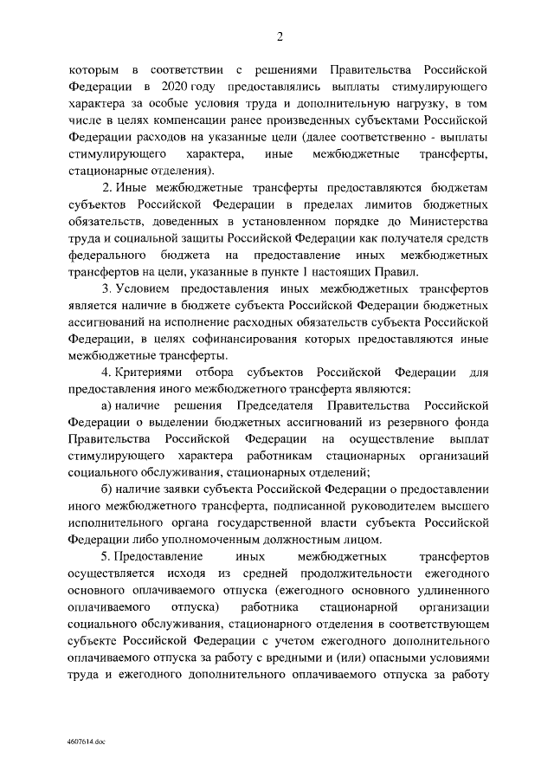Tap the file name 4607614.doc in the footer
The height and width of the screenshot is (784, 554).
(86, 742)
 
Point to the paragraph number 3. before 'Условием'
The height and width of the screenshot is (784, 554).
(106, 288)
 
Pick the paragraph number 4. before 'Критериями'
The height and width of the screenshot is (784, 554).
(106, 372)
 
